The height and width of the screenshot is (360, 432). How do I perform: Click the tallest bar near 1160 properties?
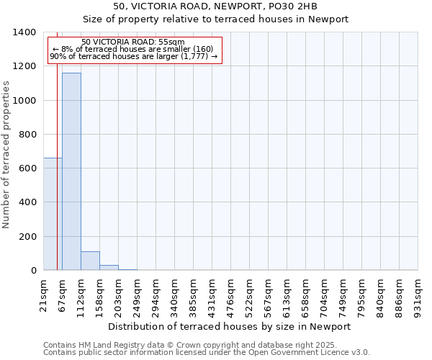[x=71, y=171]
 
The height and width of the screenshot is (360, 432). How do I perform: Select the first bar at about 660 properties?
[x=53, y=214]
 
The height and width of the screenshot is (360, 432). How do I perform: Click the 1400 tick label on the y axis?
[x=25, y=32]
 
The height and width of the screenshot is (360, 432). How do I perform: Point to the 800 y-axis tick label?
[x=28, y=135]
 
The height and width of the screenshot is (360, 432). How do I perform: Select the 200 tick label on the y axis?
[x=28, y=237]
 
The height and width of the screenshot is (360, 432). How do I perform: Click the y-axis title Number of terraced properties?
[x=7, y=155]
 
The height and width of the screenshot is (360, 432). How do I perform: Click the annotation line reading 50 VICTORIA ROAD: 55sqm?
[x=133, y=42]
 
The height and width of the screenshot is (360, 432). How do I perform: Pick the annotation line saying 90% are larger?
[x=133, y=56]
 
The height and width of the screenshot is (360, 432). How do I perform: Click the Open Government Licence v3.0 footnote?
[x=207, y=353]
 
